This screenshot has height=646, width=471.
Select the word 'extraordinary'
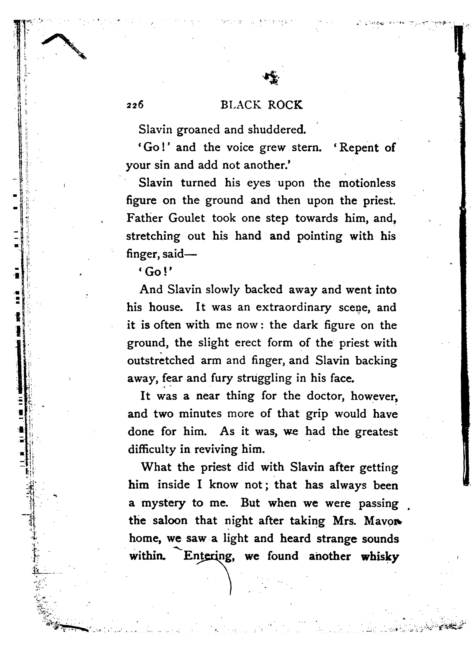[x=293, y=308]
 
